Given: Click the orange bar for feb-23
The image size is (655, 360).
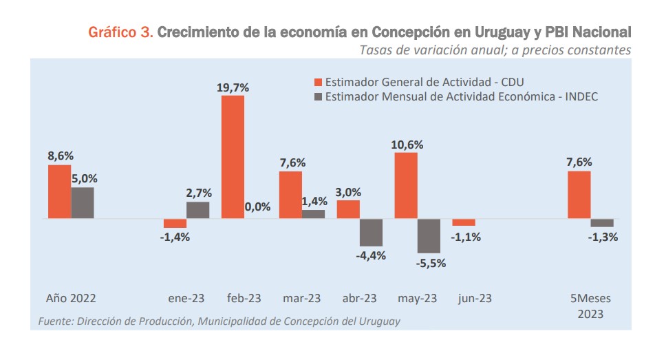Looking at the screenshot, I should tap(233, 157).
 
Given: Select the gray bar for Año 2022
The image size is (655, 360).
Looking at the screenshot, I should tap(83, 203).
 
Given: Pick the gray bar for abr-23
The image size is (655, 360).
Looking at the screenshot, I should tap(372, 233).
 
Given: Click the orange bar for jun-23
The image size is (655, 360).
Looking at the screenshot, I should tap(464, 222).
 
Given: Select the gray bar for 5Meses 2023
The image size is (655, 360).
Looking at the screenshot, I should tap(602, 223).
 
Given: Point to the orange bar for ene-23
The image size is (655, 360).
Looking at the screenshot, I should tap(175, 224).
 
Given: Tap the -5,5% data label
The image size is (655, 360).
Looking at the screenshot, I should tap(429, 262).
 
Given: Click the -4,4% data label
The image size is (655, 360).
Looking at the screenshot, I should tap(372, 255).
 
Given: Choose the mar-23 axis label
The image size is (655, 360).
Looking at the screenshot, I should tap(301, 299).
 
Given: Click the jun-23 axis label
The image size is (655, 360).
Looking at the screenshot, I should tap(475, 299).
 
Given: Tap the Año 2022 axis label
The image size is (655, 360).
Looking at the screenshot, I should tap(71, 299).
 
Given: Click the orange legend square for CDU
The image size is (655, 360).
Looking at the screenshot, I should tap(318, 82).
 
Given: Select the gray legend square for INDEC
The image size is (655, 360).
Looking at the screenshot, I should tap(318, 97).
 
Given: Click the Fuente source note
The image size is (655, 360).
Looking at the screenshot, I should tap(219, 321).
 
